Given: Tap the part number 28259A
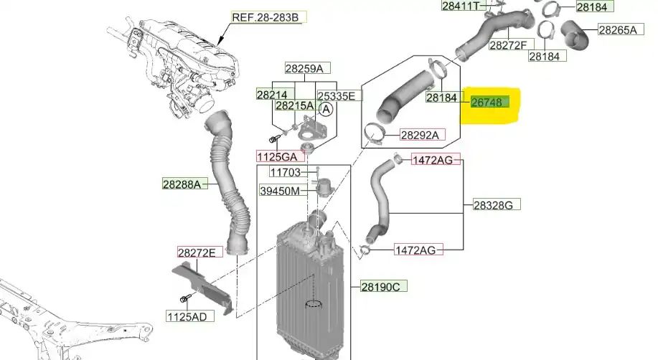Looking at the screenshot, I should (308, 69).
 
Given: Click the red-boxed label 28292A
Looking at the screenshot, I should (422, 135).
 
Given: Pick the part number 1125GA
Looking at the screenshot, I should (276, 156).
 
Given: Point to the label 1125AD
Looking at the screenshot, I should (187, 316).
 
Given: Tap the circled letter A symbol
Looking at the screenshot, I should (326, 110).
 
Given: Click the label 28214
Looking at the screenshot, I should (273, 95).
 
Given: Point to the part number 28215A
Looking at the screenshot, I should (294, 105).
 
